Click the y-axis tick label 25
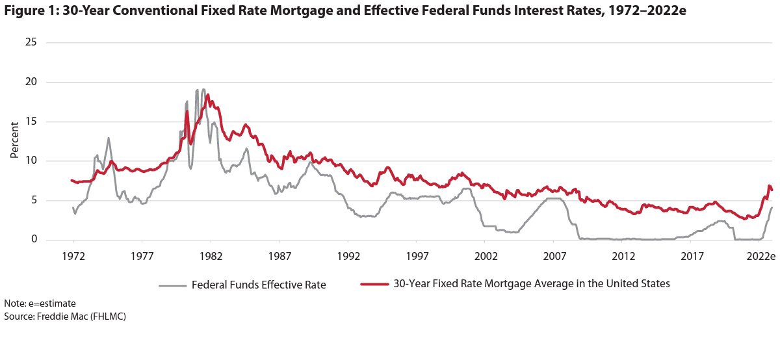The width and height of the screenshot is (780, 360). point(31,43)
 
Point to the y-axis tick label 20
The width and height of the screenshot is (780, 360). point(31,83)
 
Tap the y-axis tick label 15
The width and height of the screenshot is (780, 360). point(31,122)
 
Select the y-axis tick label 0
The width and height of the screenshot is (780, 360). point(34,240)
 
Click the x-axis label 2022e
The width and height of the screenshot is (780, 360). point(759,256)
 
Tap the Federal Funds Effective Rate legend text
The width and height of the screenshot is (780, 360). point(257,284)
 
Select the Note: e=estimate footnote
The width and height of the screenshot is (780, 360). point(40,303)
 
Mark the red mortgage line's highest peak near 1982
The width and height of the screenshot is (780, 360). point(207,95)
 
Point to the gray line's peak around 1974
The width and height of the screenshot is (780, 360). point(109,138)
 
